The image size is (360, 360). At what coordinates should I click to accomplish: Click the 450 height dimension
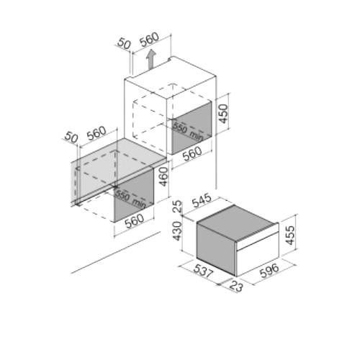click(223, 114)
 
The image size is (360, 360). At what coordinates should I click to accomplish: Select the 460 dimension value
click(163, 176)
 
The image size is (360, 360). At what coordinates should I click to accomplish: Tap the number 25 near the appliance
click(178, 206)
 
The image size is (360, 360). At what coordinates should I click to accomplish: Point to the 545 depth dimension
click(203, 201)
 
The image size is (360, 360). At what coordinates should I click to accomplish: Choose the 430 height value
click(178, 231)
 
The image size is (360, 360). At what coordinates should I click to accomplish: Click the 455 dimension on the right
click(290, 235)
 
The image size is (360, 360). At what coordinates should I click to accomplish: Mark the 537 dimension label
click(203, 271)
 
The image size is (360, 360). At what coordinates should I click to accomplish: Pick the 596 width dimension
click(270, 271)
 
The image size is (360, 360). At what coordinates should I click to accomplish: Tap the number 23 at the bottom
click(236, 287)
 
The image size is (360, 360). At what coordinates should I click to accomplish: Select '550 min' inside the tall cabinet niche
click(188, 132)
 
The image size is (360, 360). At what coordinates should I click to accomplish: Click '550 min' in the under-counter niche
click(130, 199)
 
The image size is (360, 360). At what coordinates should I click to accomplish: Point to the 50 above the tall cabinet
click(124, 45)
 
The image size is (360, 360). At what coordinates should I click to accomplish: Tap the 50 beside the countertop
click(71, 138)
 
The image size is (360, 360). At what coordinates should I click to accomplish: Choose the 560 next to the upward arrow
click(149, 39)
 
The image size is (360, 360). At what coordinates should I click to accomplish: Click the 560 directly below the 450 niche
click(192, 154)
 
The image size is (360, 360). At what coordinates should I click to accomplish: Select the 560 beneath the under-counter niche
click(135, 220)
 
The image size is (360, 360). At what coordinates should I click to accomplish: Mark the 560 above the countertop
click(96, 133)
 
